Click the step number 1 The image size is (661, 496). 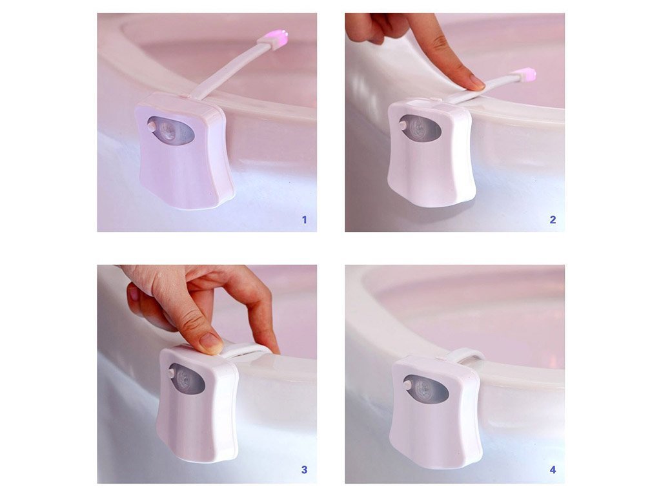(x=305, y=220)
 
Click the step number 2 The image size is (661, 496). (x=553, y=220)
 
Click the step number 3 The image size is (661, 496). (x=305, y=470)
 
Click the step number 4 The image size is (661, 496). (x=553, y=470)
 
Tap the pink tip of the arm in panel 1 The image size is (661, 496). (x=279, y=37)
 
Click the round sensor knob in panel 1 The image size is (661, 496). (x=152, y=126)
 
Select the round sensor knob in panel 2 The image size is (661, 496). (x=403, y=125)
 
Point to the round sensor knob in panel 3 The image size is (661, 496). (x=172, y=373)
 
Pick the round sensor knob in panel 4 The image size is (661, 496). (x=408, y=385)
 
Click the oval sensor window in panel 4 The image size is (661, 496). (x=426, y=389)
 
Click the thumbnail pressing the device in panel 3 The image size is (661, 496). (x=211, y=342)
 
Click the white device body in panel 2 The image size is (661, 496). (x=431, y=154)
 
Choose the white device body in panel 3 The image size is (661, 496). (x=198, y=405)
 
